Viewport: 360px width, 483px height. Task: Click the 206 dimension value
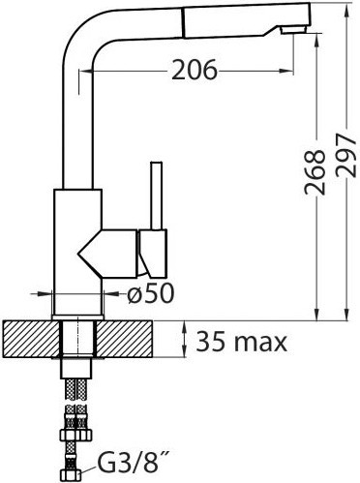click(x=195, y=70)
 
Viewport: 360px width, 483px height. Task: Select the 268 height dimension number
click(x=315, y=172)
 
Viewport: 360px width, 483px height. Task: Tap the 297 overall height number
click(x=346, y=155)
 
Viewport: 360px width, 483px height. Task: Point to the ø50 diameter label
click(x=151, y=293)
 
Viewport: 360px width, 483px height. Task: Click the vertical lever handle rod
click(x=157, y=196)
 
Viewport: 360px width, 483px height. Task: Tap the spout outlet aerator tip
click(x=293, y=31)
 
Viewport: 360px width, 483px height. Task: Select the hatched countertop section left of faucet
click(x=32, y=339)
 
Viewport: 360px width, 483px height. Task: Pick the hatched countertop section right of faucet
click(x=124, y=339)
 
